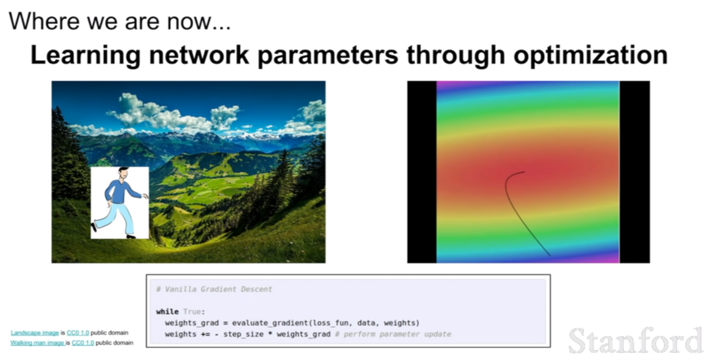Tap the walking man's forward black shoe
131,236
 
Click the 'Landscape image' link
35,333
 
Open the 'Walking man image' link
38,343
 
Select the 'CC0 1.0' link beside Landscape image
78,333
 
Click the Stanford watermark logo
636,340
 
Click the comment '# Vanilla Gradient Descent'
214,289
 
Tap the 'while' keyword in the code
167,311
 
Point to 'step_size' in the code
243,334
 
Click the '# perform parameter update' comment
393,334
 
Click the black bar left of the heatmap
422,172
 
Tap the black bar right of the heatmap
635,172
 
